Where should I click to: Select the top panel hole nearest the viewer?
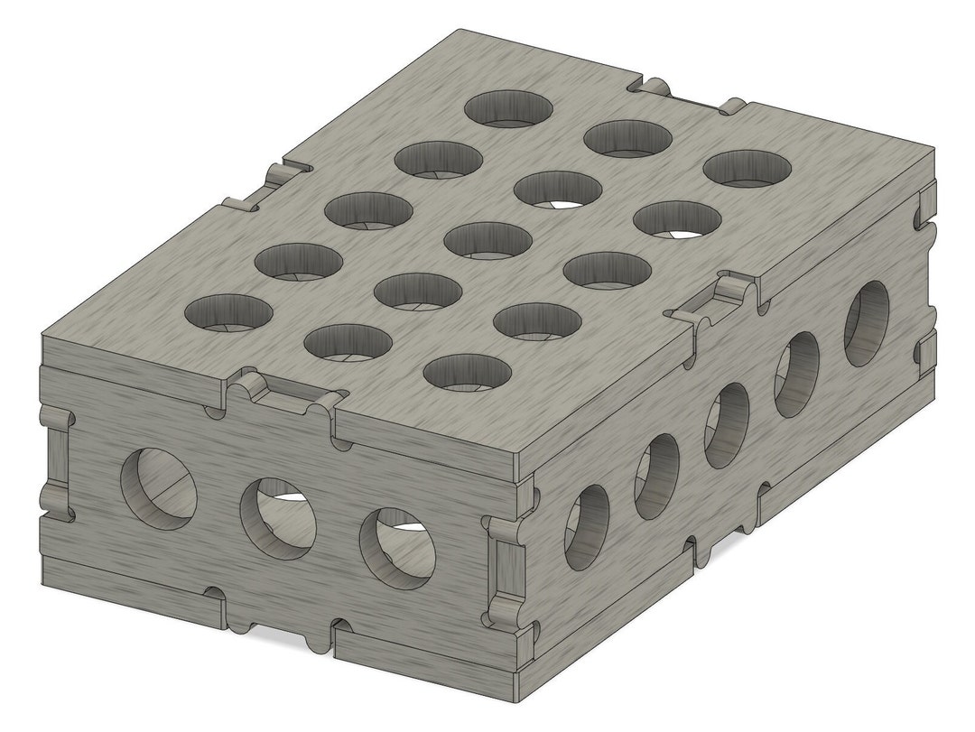tap(467, 372)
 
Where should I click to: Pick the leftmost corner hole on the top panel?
tap(228, 311)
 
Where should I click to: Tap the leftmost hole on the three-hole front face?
tap(160, 484)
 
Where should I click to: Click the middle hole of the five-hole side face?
tap(727, 424)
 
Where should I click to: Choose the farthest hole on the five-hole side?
tap(866, 323)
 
